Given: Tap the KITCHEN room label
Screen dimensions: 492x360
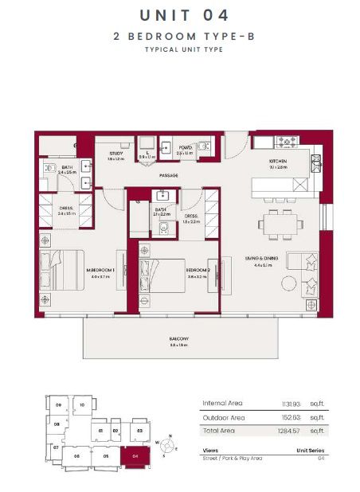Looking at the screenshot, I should point(277,162).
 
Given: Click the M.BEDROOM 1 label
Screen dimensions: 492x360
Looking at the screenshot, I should point(100,271).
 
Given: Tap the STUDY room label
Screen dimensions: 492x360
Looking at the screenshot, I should point(115,154).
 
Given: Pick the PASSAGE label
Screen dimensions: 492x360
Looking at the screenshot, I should point(168,175).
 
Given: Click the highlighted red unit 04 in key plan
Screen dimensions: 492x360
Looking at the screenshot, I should point(135,457).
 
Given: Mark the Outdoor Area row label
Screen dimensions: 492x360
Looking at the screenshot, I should point(225,417).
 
